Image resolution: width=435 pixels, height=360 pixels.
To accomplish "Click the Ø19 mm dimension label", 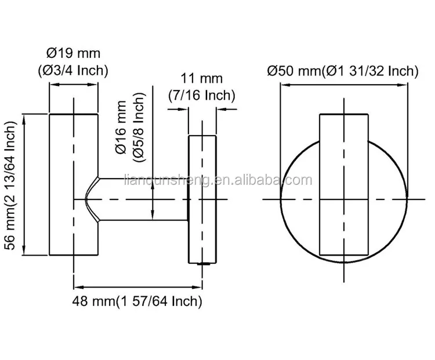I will click(x=73, y=53).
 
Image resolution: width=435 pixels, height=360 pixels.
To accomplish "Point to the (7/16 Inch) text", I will click(x=202, y=94).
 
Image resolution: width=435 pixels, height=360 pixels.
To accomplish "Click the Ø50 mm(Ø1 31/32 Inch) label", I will click(x=343, y=71).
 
